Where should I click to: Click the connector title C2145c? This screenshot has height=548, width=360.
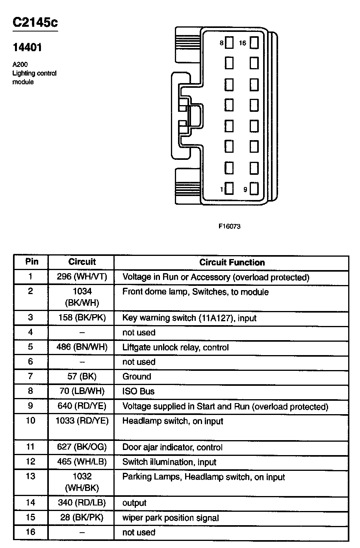point(35,22)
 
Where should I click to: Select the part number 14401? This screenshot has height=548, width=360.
point(27,48)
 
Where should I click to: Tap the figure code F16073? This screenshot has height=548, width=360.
point(230,226)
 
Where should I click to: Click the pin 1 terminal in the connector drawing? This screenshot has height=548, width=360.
point(229,189)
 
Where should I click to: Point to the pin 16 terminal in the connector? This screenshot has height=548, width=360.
point(254,43)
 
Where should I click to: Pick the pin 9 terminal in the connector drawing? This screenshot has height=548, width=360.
point(254,189)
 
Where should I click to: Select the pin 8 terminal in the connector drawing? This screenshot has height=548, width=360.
point(229,43)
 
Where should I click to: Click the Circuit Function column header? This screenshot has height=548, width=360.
point(232,263)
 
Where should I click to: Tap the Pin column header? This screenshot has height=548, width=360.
point(32,262)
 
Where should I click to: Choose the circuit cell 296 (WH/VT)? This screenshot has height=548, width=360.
point(82,277)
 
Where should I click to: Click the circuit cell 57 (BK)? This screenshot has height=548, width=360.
point(82,376)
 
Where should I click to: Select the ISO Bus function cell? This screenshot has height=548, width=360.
point(138,391)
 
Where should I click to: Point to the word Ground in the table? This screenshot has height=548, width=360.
point(137,376)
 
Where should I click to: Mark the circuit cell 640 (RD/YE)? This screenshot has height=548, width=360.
point(82,406)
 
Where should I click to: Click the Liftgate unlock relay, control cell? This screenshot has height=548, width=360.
point(175,347)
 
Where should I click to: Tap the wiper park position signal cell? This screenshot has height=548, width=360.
point(171,518)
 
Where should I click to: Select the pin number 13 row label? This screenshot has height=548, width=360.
point(31,476)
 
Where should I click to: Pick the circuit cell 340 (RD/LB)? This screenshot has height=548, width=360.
point(82,503)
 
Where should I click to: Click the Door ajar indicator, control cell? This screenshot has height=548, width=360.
point(172,447)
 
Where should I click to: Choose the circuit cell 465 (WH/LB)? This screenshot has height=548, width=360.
point(82,461)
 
